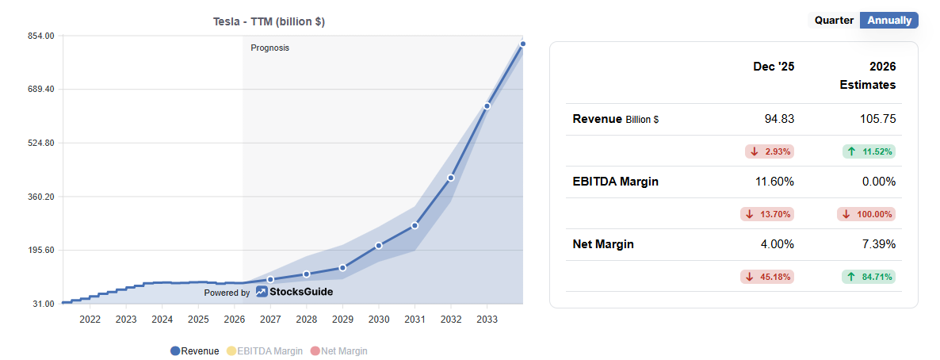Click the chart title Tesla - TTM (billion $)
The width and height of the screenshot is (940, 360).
coord(269,21)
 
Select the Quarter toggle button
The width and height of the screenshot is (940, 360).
coord(834,21)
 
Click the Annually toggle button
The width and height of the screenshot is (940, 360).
coord(888,21)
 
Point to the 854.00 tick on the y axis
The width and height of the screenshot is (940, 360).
coord(40,36)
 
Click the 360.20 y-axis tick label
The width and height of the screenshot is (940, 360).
coord(40,197)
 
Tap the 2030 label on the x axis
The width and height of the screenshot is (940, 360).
coord(379,319)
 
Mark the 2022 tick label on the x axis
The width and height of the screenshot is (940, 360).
coord(90,319)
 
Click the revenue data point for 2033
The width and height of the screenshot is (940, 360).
coord(487,105)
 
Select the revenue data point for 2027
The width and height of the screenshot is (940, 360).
coord(270,279)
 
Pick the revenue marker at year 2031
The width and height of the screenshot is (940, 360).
coord(415,226)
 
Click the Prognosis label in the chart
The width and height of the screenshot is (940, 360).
coord(269,48)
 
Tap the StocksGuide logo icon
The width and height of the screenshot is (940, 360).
coord(262,292)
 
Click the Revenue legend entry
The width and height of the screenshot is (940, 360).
coord(194,350)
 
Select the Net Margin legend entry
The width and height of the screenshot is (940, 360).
coord(338,350)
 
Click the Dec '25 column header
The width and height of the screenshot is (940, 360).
coord(773,67)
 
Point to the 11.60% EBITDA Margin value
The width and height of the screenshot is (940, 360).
coord(774,182)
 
